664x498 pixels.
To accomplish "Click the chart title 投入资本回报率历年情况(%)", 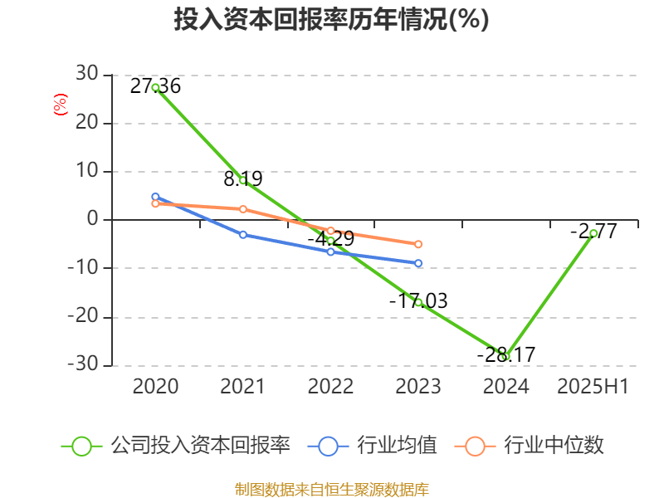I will tap(331, 20).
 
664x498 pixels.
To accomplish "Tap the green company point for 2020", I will tap(155, 87).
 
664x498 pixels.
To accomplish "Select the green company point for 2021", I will tap(243, 180).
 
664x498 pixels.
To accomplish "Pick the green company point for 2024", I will tap(505, 357).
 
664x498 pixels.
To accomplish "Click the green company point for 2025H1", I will tap(593, 233).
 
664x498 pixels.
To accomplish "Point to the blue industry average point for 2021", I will tap(243, 235).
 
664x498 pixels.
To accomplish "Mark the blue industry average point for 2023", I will tap(418, 263).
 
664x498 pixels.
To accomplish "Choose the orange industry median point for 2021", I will tap(243, 209).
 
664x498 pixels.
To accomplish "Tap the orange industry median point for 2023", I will tap(418, 244).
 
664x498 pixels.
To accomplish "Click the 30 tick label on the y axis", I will tap(86, 75).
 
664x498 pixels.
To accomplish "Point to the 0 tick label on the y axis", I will tap(92, 220).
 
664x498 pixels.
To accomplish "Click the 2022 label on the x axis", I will tap(330, 387).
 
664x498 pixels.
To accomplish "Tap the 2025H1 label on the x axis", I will tap(593, 387).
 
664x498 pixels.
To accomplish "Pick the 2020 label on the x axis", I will tap(155, 387).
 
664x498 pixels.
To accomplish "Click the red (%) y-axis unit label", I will tap(60, 105).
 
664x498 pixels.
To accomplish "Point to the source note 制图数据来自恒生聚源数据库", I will tap(332, 489).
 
